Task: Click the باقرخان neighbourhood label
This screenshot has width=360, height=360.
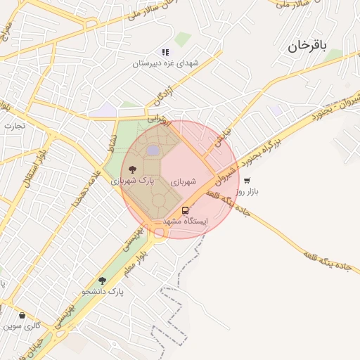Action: point(308,46)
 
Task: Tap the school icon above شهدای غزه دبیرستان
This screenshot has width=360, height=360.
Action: point(165,52)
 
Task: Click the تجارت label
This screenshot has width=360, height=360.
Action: point(14,126)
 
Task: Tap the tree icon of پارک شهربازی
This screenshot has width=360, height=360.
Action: point(132,169)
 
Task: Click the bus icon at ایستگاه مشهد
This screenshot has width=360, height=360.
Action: point(185,210)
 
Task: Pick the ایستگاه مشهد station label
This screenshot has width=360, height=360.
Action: point(186,221)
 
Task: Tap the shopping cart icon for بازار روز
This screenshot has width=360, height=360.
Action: point(246,181)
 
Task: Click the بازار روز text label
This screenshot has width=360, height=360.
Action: point(247,191)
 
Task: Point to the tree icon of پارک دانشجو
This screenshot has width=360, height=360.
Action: point(103,281)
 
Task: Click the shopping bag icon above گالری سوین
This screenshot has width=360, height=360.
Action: point(22,316)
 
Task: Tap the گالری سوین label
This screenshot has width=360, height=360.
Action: point(22,326)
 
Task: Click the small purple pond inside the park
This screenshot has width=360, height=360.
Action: point(153,150)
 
